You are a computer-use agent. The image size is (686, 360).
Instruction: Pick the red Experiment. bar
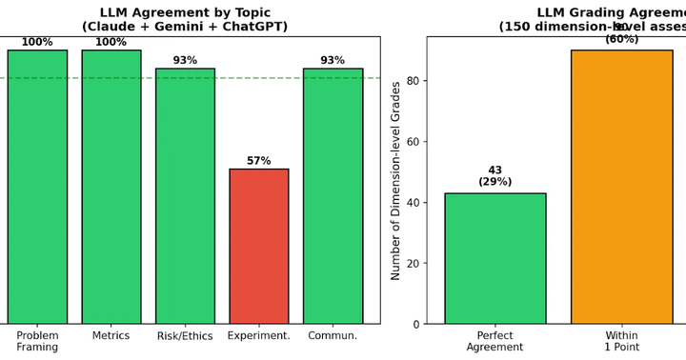259,247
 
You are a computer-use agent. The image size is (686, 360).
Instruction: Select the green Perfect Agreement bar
494,258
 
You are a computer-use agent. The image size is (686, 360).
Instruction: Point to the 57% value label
259,161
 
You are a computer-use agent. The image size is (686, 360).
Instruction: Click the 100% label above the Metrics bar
111,42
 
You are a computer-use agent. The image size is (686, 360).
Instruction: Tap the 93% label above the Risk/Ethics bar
185,61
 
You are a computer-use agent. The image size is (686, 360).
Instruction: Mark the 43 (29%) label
494,176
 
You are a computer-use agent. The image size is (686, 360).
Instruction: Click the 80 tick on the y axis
412,81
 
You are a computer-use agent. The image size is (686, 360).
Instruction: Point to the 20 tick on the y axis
412,264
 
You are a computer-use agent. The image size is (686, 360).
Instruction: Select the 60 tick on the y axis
412,142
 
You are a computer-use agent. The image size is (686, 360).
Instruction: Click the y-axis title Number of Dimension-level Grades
395,181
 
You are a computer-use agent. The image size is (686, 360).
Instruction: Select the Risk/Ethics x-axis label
185,336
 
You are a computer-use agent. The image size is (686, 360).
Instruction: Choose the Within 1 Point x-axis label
621,341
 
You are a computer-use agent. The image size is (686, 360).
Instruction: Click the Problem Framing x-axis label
37,341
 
